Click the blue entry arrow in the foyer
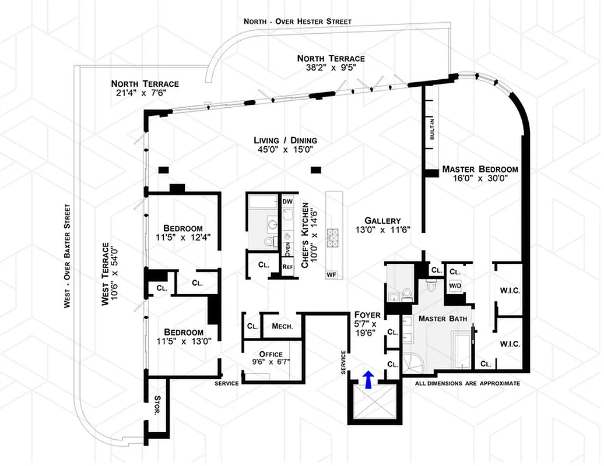pos(368,379)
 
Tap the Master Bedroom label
pos(479,170)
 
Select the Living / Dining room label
pos(285,140)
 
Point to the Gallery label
pos(382,221)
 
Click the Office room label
pos(271,354)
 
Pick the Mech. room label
pos(282,326)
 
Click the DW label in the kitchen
pos(287,202)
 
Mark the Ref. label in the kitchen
pos(287,267)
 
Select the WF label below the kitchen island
pos(332,274)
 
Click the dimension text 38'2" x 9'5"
pos(331,68)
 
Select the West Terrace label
pos(106,273)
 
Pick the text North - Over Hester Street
pos(297,22)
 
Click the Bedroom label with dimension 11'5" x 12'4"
pos(183,228)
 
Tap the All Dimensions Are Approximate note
pos(467,384)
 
